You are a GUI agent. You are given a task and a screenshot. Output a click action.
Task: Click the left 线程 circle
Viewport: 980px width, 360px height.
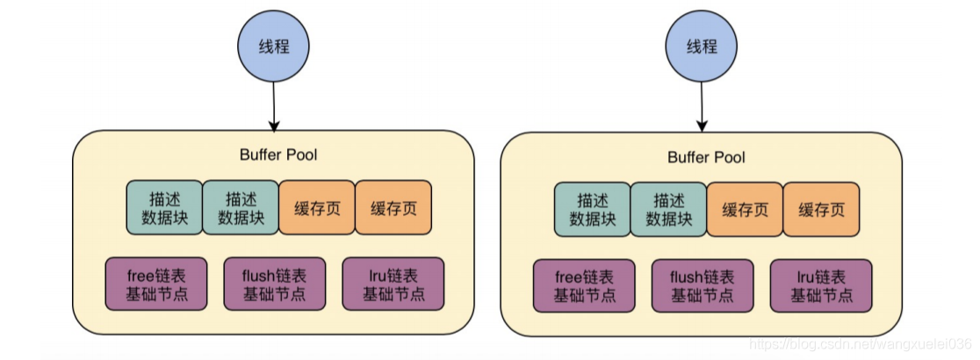[x=274, y=47]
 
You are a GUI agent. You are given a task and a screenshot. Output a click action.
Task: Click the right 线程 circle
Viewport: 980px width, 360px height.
[x=702, y=47]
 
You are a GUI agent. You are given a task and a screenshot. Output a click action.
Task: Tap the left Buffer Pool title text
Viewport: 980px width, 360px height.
[x=278, y=155]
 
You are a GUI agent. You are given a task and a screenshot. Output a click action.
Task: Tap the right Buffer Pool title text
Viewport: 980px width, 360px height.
[x=706, y=157]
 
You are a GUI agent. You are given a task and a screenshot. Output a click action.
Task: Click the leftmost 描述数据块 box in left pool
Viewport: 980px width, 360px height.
[x=164, y=208]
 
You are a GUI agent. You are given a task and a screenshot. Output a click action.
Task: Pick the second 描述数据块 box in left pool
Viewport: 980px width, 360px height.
[x=241, y=208]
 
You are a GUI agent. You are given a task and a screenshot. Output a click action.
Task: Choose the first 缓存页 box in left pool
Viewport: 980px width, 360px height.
[x=317, y=208]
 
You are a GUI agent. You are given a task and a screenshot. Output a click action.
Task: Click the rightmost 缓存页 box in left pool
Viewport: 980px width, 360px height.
[x=393, y=208]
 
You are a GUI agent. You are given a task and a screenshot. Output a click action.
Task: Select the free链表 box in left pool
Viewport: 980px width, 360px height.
[x=156, y=284]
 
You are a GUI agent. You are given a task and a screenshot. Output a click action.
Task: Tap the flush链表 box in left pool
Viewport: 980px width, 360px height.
[x=275, y=284]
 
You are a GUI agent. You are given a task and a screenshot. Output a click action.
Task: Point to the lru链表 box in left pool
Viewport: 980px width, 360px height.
[x=393, y=284]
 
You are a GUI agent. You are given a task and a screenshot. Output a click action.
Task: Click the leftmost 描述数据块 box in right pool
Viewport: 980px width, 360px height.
[x=593, y=209]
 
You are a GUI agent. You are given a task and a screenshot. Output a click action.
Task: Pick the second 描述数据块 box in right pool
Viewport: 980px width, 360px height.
[x=668, y=209]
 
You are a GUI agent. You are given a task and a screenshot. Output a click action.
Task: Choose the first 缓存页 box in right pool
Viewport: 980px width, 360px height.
[x=745, y=209]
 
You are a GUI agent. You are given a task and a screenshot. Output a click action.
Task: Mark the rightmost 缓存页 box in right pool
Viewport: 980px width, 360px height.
[x=821, y=209]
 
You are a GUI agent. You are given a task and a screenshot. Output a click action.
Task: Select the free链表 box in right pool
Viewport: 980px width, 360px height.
[x=585, y=285]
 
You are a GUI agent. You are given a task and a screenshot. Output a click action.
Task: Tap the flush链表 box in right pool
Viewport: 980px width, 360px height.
[x=703, y=285]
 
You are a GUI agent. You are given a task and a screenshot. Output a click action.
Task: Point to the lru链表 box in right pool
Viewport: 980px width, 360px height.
[x=821, y=285]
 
